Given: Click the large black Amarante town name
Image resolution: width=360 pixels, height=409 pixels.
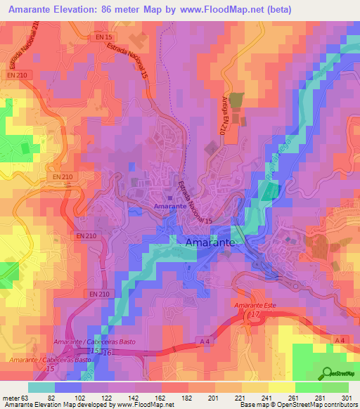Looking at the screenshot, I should click(x=215, y=242).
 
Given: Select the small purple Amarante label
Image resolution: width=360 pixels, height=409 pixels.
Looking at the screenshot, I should click(x=170, y=207).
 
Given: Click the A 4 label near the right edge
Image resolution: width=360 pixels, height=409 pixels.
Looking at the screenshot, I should click(x=340, y=340).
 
